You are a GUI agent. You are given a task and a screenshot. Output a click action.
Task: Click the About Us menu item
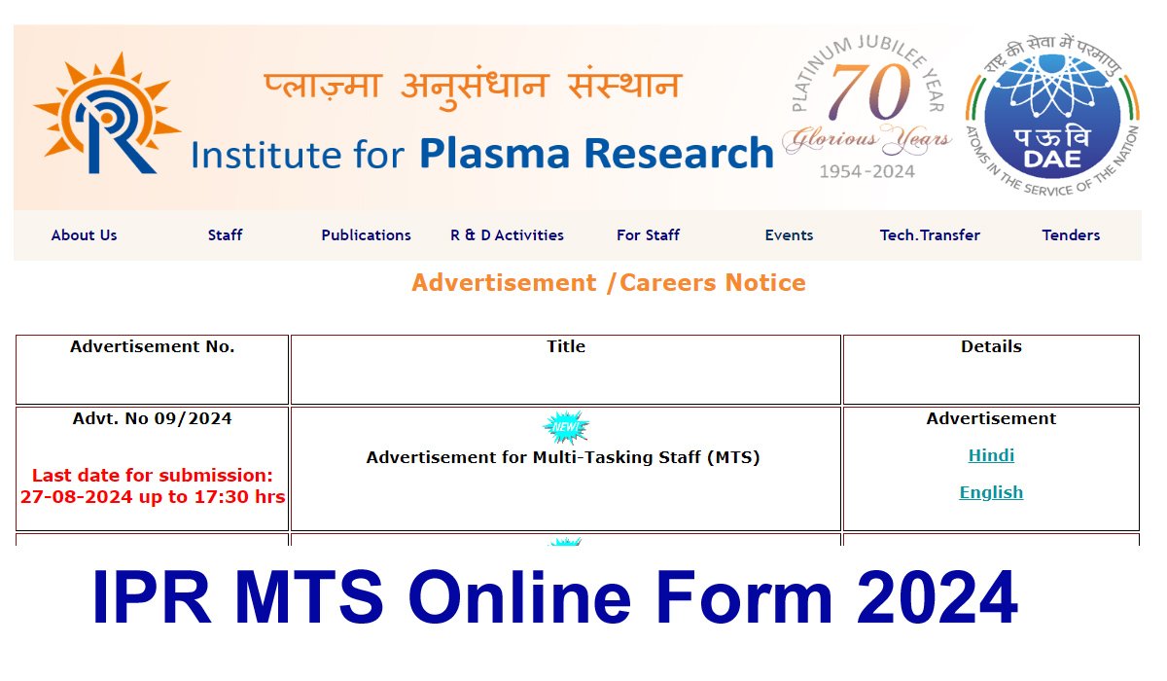[84, 235]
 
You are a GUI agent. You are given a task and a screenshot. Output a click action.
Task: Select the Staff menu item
[225, 235]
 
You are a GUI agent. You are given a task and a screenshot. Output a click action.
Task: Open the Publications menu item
[366, 235]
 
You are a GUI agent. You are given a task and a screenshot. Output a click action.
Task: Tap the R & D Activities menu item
[507, 235]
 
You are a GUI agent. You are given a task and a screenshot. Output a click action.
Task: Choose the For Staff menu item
[648, 235]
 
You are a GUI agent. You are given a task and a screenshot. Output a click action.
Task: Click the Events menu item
[789, 235]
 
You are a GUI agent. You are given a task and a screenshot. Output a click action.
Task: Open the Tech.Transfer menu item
[930, 235]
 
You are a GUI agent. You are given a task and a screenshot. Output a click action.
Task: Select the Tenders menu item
[1071, 235]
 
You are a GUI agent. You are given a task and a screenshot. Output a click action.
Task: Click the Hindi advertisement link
[991, 455]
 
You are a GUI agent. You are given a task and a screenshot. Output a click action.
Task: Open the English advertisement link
[991, 492]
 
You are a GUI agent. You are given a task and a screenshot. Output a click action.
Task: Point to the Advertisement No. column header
[153, 346]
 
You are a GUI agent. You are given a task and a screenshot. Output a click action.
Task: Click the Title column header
[566, 346]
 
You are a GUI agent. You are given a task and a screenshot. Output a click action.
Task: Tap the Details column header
[991, 346]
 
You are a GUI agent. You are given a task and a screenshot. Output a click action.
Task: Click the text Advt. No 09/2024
[153, 419]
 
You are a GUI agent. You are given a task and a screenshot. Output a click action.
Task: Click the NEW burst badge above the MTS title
[566, 427]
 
